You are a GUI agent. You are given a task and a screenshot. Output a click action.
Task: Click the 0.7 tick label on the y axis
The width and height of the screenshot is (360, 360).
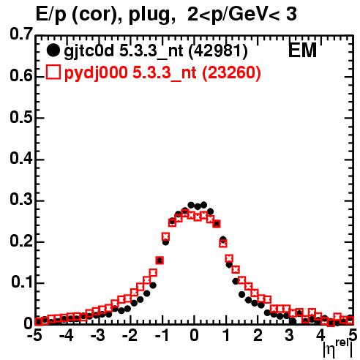coord(21,34)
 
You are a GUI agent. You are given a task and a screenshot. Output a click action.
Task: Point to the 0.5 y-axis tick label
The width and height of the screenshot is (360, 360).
coord(21,117)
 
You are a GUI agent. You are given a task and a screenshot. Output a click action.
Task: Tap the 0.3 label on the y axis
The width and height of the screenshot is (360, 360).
coord(21,200)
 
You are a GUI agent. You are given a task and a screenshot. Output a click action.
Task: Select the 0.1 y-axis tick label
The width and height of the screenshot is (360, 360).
coord(21,282)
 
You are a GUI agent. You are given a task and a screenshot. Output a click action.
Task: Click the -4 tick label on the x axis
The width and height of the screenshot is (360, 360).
coord(66,336)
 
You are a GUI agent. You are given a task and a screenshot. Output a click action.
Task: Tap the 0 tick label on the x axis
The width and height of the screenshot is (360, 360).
coord(194,336)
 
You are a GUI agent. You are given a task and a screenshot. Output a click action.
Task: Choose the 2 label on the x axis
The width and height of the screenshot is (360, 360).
coord(258,336)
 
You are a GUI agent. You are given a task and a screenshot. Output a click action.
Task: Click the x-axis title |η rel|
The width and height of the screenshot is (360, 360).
coord(337,350)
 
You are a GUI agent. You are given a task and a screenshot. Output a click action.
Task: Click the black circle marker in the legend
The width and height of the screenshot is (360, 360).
coord(53,50)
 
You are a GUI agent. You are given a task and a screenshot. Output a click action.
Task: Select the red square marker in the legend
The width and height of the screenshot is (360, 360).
coord(53,72)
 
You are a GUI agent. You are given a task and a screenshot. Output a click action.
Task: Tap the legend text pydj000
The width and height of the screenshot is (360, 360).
coord(96,73)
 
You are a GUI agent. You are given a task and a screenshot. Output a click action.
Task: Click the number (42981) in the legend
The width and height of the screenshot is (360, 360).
coord(218,51)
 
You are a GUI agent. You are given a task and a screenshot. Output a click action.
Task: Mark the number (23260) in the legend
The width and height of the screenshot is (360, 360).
coord(231,72)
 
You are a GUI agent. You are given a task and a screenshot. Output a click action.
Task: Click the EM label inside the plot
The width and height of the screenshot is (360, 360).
coord(302,50)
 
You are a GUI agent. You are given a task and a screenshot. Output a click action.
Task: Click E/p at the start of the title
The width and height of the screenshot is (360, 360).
coord(51,15)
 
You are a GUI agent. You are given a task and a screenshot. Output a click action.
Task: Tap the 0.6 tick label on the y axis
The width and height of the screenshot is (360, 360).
coord(21,75)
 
